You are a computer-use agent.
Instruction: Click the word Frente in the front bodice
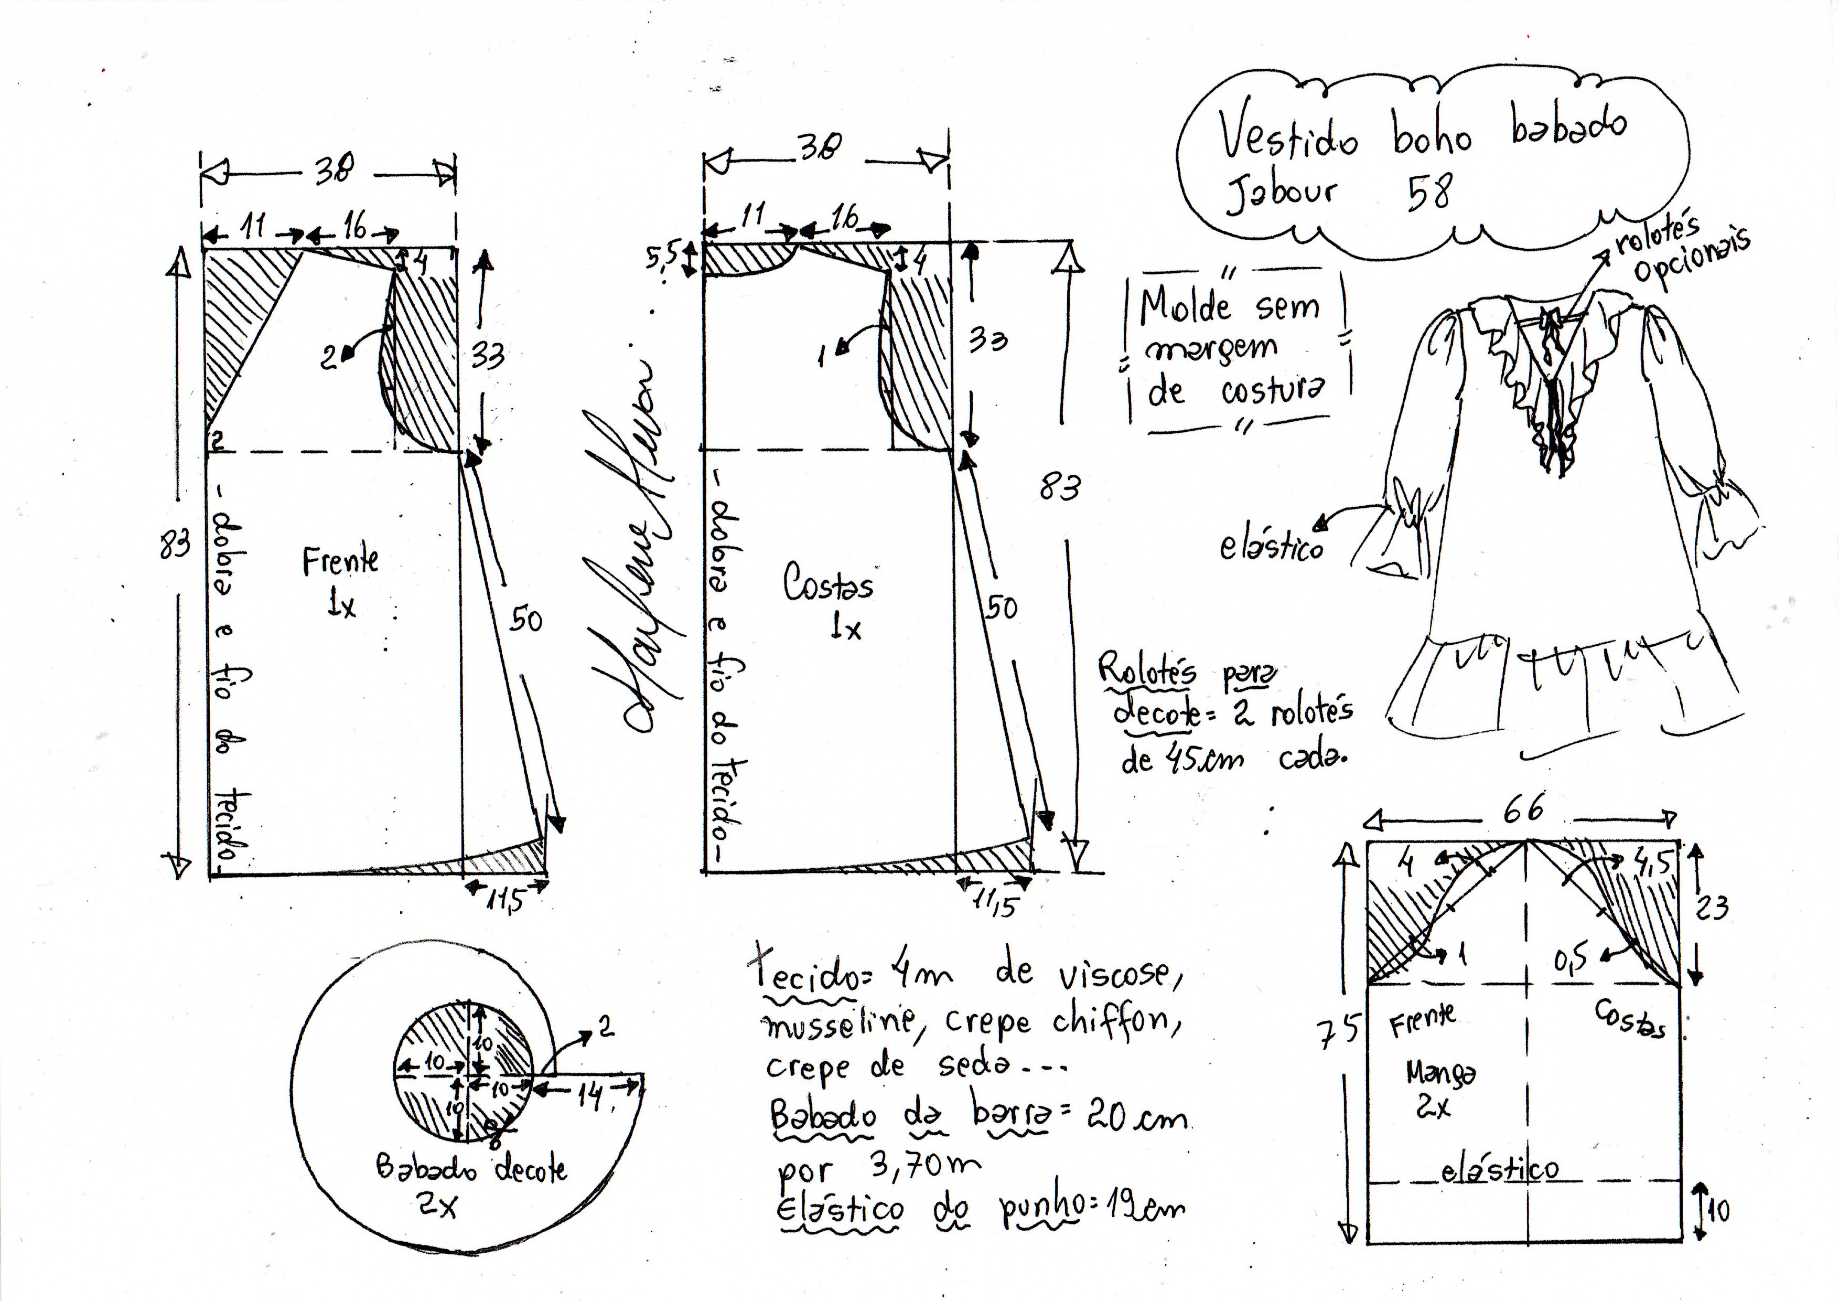point(340,561)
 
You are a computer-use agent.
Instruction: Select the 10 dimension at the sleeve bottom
point(1717,1210)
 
